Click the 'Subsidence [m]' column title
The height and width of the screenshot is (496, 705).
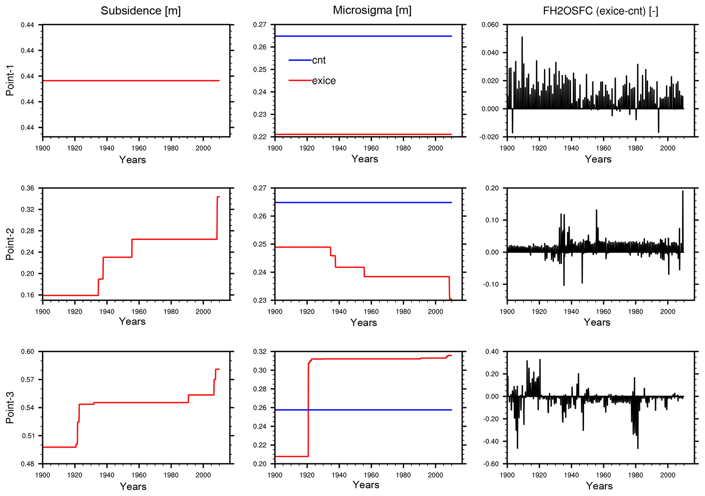(x=141, y=11)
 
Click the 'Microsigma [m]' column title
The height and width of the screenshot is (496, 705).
(x=372, y=10)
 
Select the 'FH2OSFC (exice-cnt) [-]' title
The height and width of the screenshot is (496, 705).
(x=601, y=11)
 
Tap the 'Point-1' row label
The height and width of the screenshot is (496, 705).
(x=10, y=81)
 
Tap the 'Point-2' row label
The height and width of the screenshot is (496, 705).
(x=10, y=244)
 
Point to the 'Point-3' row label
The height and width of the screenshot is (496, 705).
(x=10, y=407)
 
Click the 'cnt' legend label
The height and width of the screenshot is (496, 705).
(x=319, y=60)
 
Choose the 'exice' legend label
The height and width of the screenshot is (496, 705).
(x=324, y=81)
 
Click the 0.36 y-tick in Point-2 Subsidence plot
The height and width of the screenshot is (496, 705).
(x=28, y=188)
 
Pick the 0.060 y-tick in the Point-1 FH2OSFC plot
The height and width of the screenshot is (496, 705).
(x=490, y=25)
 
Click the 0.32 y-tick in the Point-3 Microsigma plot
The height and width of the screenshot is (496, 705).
(x=260, y=351)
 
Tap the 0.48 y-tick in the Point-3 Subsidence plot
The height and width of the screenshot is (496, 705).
(x=28, y=464)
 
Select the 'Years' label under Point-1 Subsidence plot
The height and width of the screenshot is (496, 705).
(x=132, y=160)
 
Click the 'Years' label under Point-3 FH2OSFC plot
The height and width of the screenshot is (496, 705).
(x=599, y=486)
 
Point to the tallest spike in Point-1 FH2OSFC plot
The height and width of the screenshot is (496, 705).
(x=522, y=37)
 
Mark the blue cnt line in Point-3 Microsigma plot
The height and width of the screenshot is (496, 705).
(x=375, y=410)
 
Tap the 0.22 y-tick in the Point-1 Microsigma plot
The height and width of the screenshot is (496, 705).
(x=260, y=137)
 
